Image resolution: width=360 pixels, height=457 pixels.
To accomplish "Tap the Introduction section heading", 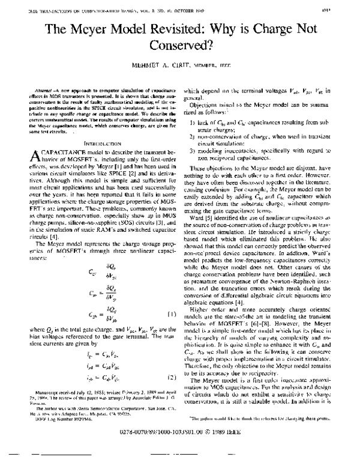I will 100,127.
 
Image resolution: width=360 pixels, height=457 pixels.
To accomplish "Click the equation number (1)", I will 172,313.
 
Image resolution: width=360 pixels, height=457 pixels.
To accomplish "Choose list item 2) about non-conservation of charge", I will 258,141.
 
